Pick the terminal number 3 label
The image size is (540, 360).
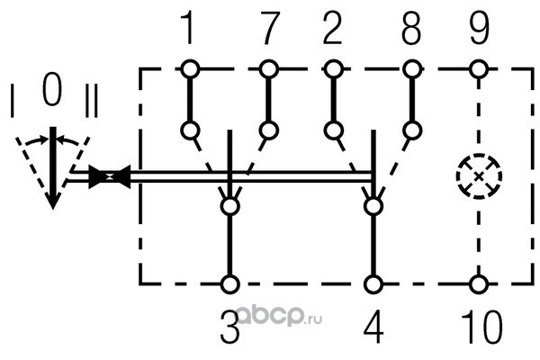[x=230, y=328]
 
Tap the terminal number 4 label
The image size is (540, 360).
[x=372, y=328]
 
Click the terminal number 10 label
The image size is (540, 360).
[x=479, y=328]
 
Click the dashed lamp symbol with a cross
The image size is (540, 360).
[x=479, y=175]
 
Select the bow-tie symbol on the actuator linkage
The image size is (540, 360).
[x=112, y=177]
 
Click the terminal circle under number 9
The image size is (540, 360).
[x=479, y=68]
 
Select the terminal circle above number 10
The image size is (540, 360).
[x=479, y=284]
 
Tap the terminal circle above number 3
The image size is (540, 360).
[x=230, y=284]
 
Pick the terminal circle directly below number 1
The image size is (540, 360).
[x=189, y=68]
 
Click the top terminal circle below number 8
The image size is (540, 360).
[x=412, y=68]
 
